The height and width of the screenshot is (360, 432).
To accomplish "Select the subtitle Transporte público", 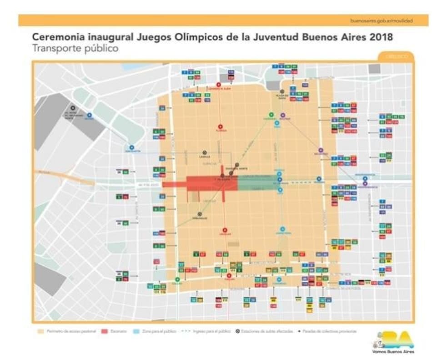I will click(75, 48).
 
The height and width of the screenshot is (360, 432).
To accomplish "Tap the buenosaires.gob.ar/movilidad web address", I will click(382, 21).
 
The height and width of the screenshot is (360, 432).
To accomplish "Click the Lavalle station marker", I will click(205, 153).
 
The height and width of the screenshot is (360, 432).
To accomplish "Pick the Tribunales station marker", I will click(199, 213).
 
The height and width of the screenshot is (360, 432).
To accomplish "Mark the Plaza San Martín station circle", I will click(282, 91).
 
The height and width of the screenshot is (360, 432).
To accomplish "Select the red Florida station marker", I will click(220, 127).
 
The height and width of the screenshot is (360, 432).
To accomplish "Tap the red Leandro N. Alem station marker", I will click(219, 85).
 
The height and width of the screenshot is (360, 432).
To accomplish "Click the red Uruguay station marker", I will click(224, 230).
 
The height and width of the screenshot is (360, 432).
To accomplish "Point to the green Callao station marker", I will click(177, 280).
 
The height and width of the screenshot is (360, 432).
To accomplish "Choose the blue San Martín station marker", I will click(132, 147).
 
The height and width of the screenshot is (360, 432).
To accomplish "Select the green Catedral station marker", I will click(271, 115).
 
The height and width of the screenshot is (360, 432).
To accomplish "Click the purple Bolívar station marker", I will click(283, 115).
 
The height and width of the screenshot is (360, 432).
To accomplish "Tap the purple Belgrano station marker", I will click(321, 150).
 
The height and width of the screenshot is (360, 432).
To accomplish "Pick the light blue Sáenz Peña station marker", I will click(282, 229).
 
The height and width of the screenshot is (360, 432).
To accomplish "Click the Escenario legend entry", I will click(118, 331).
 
